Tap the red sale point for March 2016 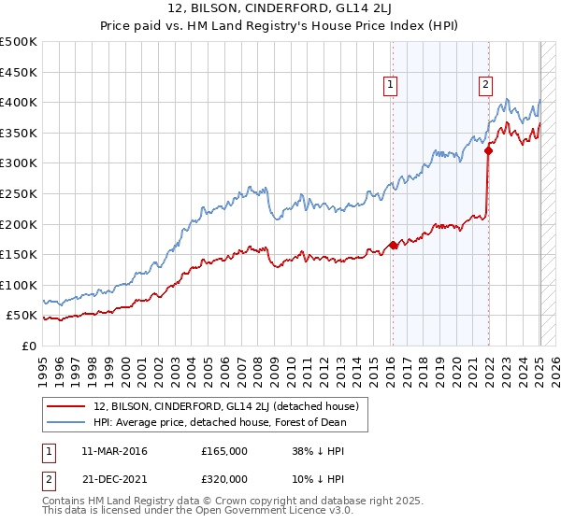click(394, 246)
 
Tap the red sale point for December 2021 click(489, 149)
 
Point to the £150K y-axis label click(19, 254)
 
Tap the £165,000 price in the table click(224, 450)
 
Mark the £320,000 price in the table click(224, 478)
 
